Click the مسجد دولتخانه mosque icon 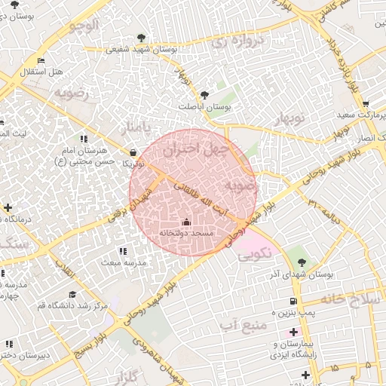click(x=187, y=222)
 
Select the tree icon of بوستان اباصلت click(x=205, y=95)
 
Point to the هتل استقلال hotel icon click(x=41, y=60)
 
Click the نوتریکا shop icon click(x=133, y=151)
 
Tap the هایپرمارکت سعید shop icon click(x=365, y=104)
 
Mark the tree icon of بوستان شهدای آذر click(x=302, y=262)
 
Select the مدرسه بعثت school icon click(x=123, y=250)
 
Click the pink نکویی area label click(x=254, y=255)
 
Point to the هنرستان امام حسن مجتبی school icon click(x=82, y=139)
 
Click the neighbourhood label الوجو click(x=83, y=26)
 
